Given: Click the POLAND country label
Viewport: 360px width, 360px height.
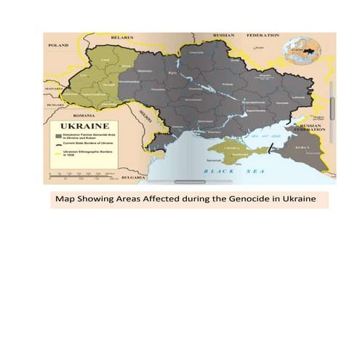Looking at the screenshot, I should (x=57, y=45).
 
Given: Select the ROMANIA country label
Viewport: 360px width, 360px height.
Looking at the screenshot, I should (x=84, y=115).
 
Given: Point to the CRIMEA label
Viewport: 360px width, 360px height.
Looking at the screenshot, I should (x=231, y=147).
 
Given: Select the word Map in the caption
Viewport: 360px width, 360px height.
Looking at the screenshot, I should (x=65, y=199).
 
